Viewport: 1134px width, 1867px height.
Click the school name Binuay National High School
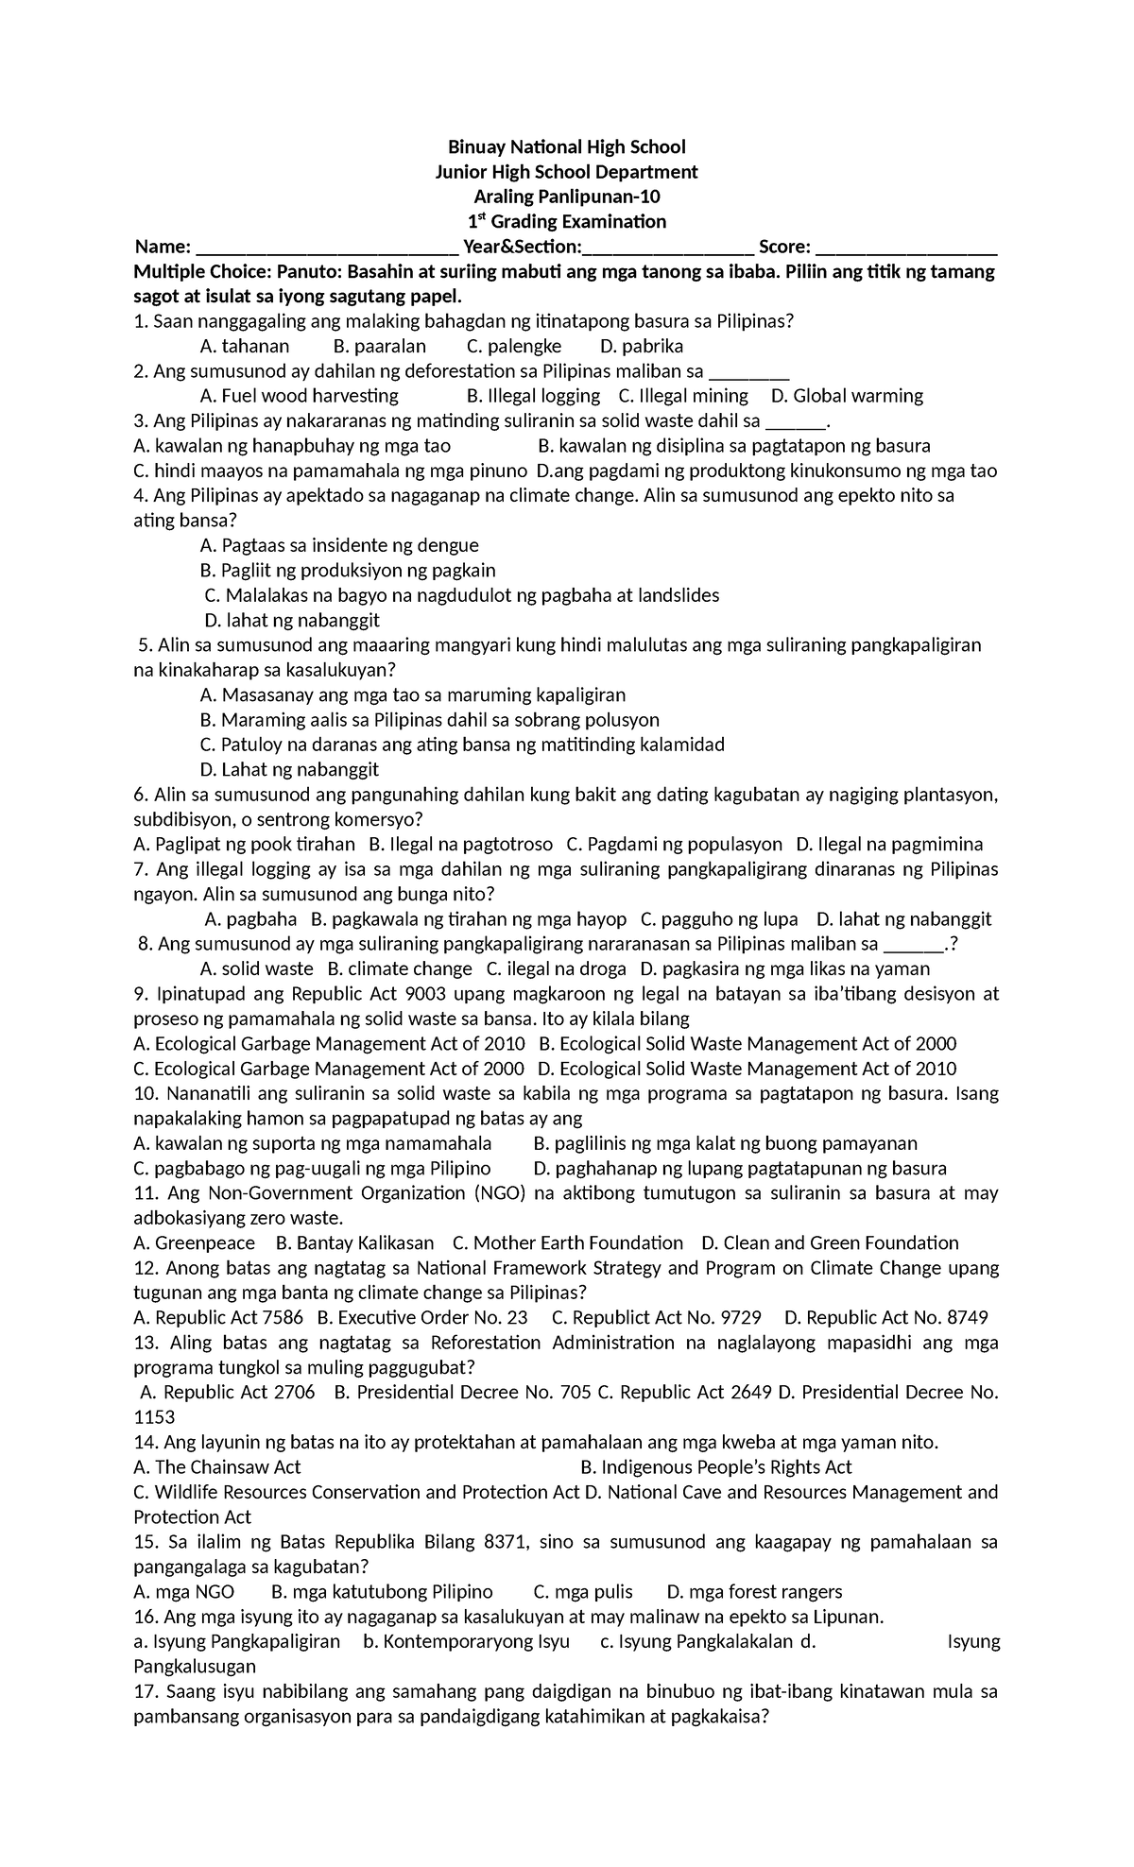566,146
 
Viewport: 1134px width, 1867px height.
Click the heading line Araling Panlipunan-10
566,197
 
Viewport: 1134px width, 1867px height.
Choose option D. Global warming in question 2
847,396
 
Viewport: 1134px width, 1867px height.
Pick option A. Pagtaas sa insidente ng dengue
339,545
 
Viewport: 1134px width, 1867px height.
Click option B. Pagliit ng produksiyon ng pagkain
348,571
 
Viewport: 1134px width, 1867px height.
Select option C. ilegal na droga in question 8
556,968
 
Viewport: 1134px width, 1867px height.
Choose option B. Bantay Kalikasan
353,1242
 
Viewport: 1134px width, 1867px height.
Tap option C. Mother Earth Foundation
567,1242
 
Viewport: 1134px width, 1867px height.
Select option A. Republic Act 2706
227,1392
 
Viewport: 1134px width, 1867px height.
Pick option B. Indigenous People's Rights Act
715,1467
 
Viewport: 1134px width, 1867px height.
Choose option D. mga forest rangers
754,1592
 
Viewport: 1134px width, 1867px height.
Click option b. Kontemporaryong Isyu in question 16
466,1641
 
